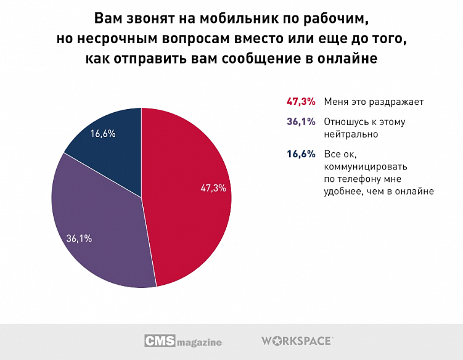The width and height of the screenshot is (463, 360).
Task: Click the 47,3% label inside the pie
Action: click(x=213, y=188)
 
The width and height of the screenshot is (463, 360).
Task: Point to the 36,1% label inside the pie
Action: click(x=79, y=238)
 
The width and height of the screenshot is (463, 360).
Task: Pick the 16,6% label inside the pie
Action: click(x=104, y=133)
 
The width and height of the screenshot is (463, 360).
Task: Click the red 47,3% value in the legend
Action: click(x=301, y=101)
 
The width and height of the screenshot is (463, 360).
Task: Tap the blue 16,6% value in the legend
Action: click(x=301, y=153)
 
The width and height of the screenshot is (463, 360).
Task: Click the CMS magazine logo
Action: click(x=183, y=341)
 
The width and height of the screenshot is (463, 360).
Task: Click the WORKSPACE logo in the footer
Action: click(x=298, y=341)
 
